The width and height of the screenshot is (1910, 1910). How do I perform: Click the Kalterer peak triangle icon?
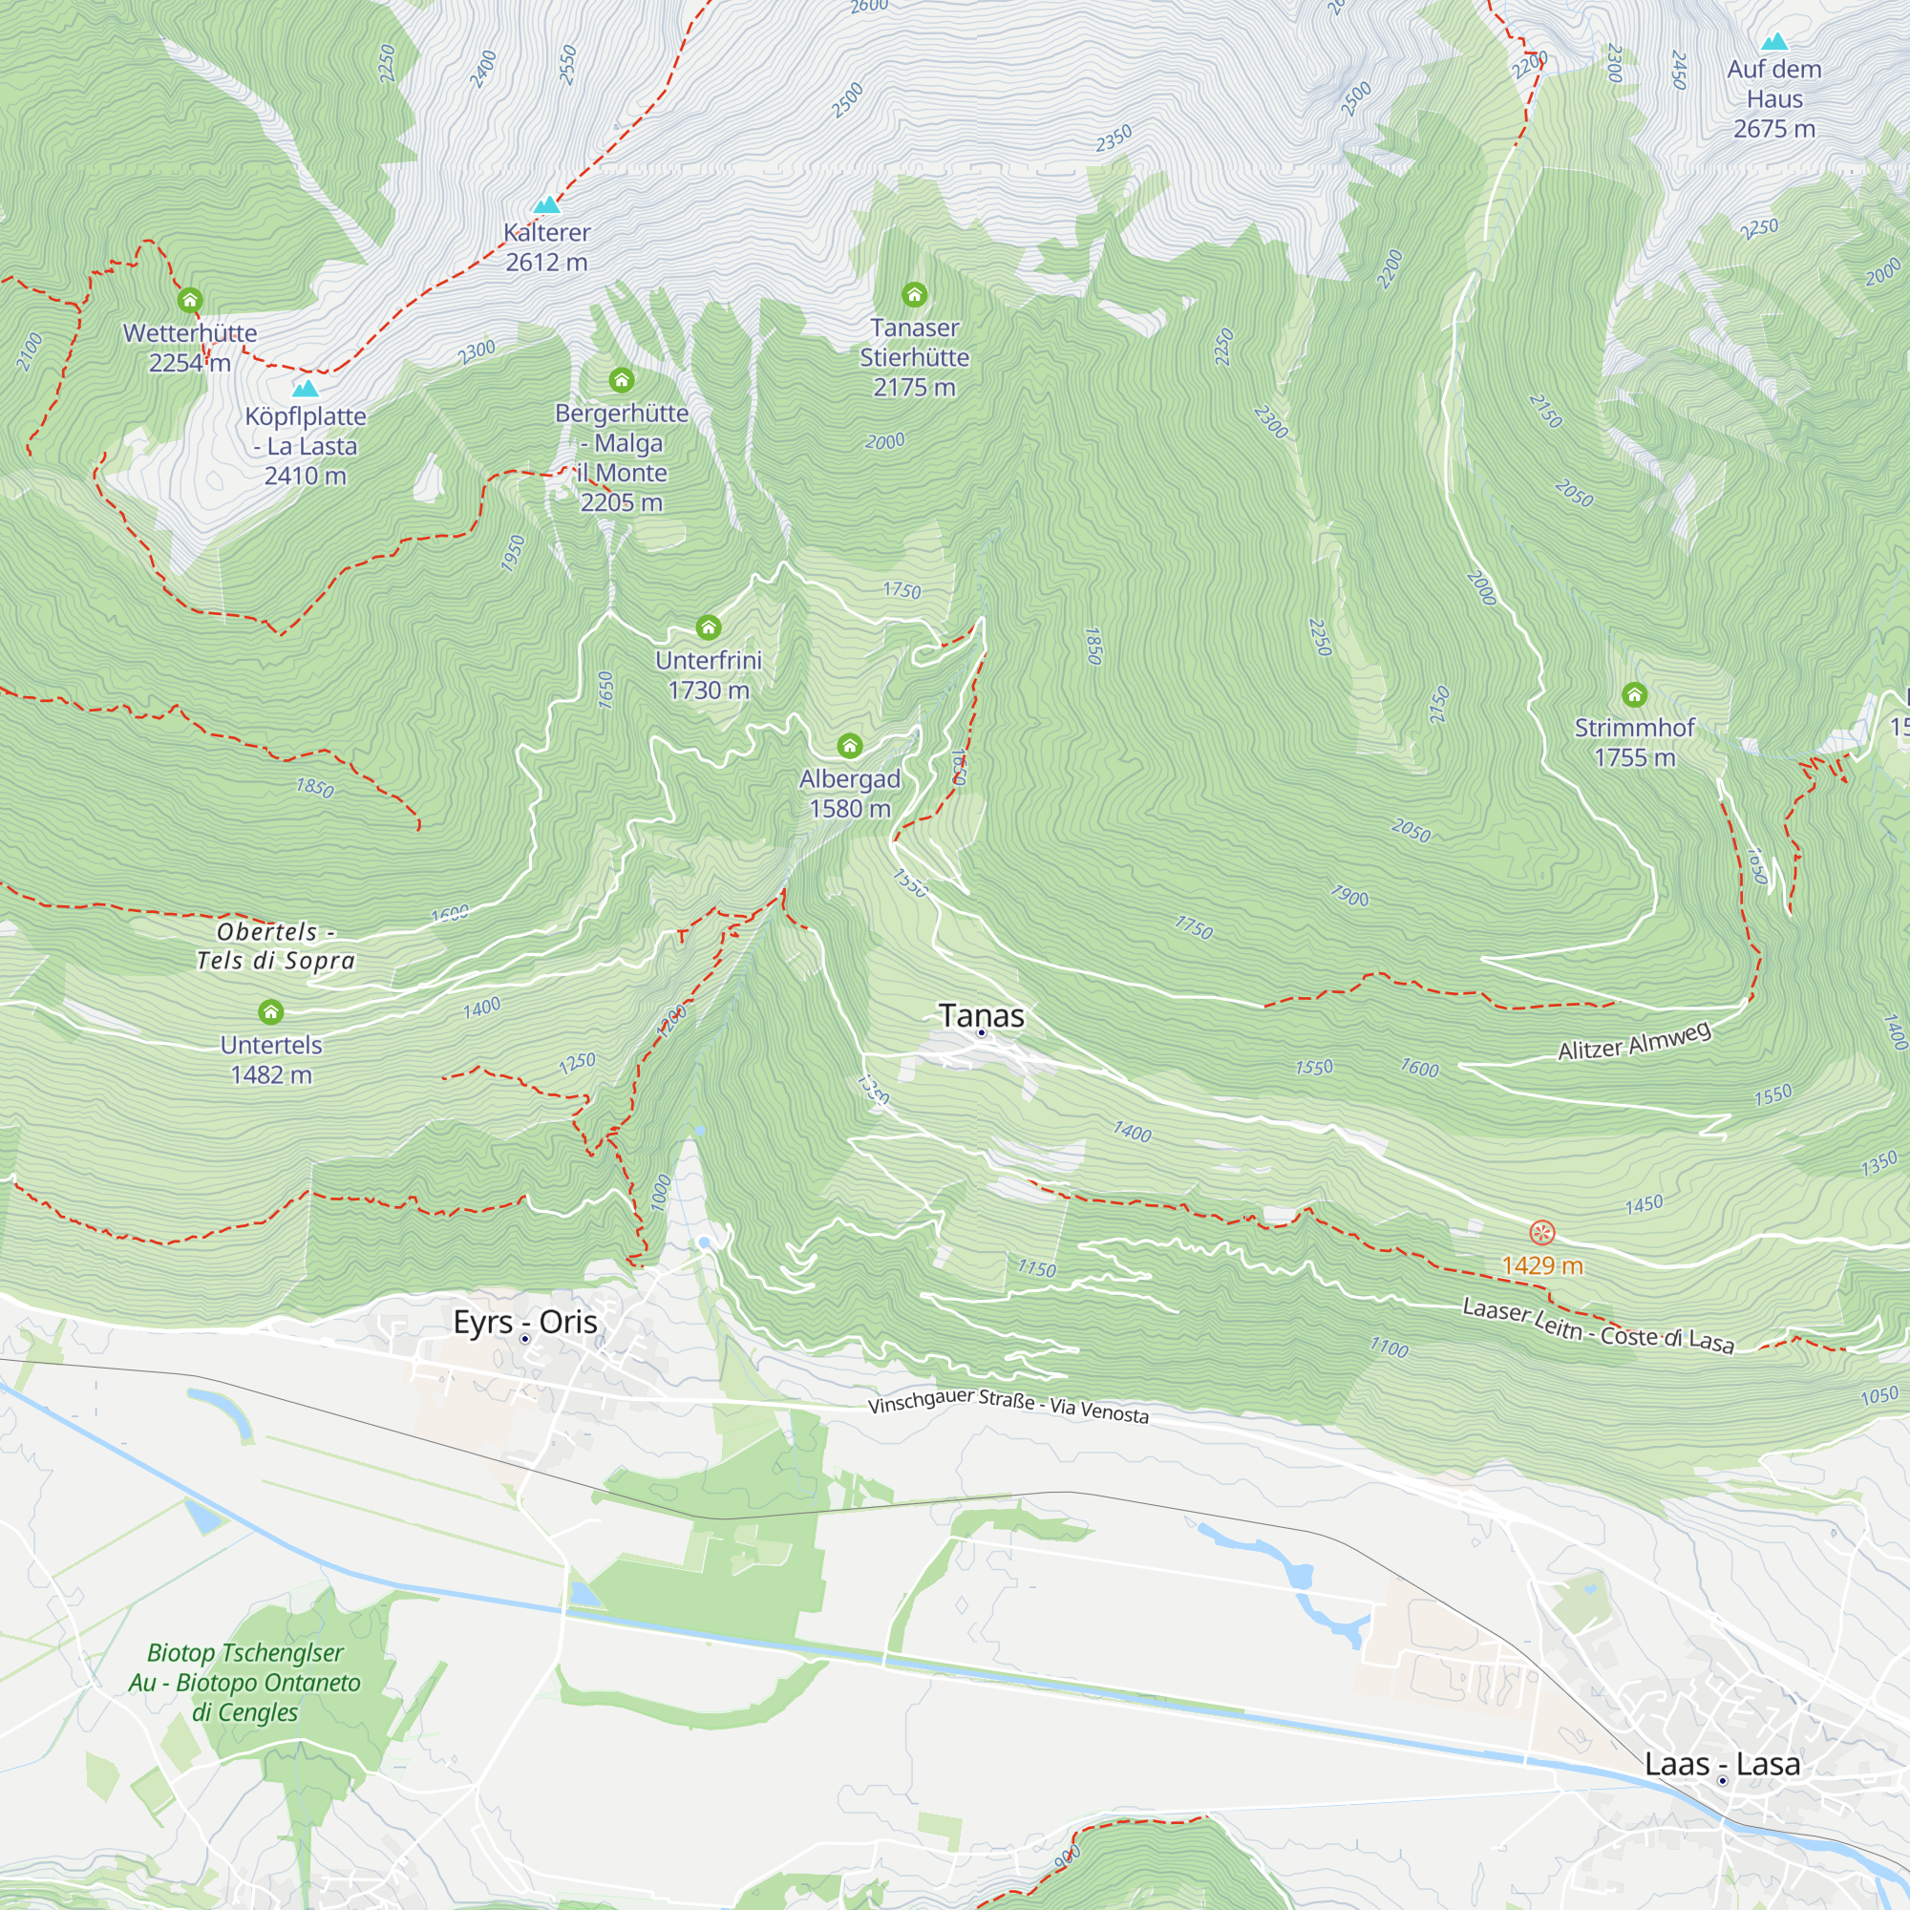click(546, 205)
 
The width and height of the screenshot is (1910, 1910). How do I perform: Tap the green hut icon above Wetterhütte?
click(190, 300)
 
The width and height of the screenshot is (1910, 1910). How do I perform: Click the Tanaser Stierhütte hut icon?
click(915, 294)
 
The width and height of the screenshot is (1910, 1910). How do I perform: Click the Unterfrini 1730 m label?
click(709, 675)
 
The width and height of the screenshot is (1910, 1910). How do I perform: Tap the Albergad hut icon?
click(849, 746)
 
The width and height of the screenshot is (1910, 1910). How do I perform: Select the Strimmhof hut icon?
click(1634, 695)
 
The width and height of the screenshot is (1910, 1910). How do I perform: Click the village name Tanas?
click(981, 1015)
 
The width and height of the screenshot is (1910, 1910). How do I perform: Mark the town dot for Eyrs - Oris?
click(525, 1339)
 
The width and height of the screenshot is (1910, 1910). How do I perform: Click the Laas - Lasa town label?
click(1722, 1764)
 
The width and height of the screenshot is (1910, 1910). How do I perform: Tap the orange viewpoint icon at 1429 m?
click(1542, 1233)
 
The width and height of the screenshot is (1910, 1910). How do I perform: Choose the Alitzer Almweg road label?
click(1633, 1042)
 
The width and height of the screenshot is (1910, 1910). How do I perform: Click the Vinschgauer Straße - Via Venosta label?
click(1008, 1406)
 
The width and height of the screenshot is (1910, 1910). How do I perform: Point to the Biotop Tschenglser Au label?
click(245, 1682)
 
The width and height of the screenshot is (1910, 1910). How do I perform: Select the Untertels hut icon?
click(271, 1011)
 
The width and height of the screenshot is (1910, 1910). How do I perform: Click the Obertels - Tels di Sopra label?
click(275, 946)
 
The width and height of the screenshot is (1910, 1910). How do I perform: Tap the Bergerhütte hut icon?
click(621, 380)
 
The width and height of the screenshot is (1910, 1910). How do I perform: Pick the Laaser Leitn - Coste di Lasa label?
click(1598, 1326)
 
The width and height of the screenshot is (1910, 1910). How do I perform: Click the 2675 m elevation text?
click(1773, 130)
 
